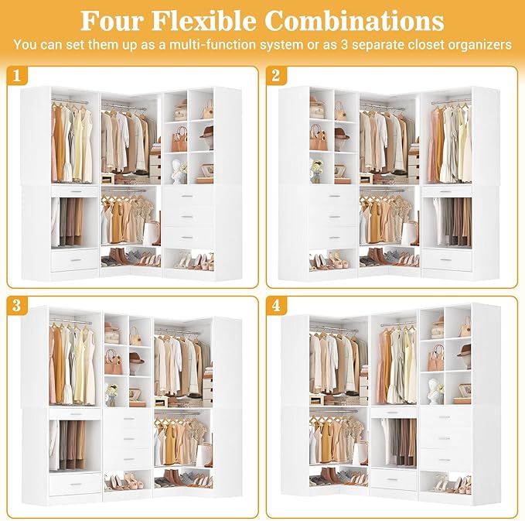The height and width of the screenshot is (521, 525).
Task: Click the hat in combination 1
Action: tap(206, 133)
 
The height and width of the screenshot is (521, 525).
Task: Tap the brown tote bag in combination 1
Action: tap(179, 139)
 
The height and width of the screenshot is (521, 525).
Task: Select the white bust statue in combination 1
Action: tap(177, 170)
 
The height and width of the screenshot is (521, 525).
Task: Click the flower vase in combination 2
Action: tap(316, 169)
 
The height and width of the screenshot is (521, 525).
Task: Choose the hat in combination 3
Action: tap(136, 359)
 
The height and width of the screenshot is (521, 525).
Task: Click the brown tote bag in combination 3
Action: tap(113, 362)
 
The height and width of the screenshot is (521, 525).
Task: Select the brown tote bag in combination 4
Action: tap(437, 358)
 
